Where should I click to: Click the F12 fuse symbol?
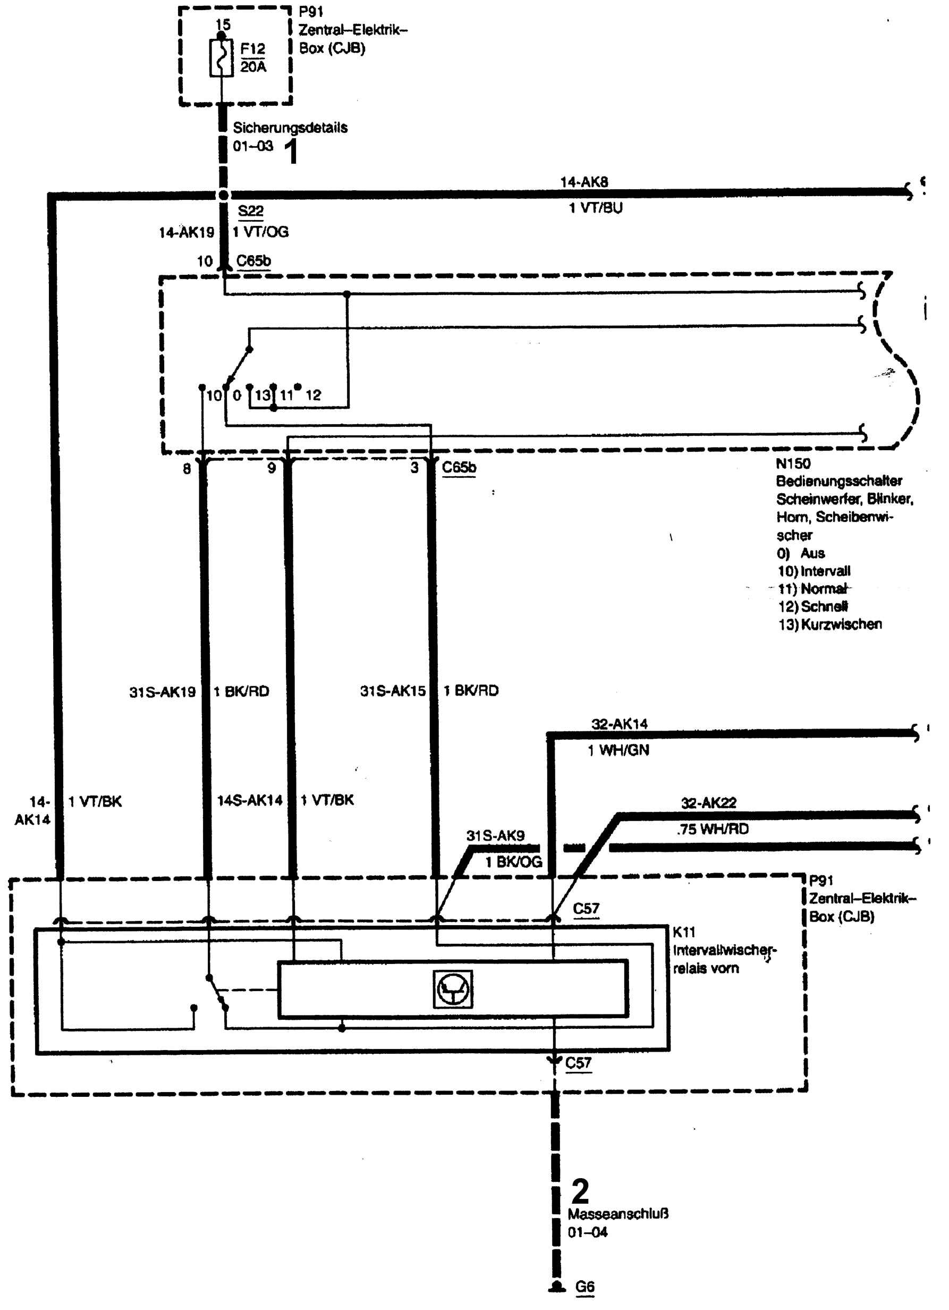tap(221, 58)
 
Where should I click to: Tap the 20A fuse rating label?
tap(253, 67)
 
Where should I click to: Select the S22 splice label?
tap(250, 211)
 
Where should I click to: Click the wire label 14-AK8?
tap(583, 182)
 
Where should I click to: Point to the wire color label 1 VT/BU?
tap(596, 208)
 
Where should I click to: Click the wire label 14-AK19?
tap(186, 232)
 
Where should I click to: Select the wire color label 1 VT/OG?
tap(260, 232)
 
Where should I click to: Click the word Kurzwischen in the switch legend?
tap(842, 624)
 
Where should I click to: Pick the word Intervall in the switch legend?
tap(825, 571)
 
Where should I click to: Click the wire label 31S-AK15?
tap(392, 691)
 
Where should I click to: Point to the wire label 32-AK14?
tap(619, 724)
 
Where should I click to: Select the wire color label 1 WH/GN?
tap(618, 750)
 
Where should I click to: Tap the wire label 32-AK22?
tap(708, 803)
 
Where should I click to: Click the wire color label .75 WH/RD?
tap(712, 830)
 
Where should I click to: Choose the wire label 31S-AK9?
tap(495, 836)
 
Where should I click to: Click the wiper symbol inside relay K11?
tap(453, 990)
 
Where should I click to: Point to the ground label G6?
tap(584, 1286)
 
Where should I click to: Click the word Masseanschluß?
tap(617, 1213)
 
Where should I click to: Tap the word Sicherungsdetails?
tap(290, 128)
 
